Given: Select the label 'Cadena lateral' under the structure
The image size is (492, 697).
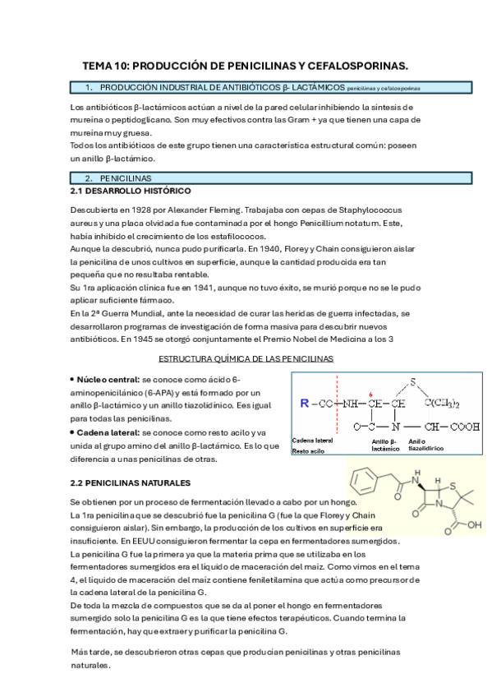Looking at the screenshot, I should [313, 441].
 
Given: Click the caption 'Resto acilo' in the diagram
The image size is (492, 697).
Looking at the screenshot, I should [309, 451].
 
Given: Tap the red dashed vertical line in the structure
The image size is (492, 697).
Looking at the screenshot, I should [337, 411].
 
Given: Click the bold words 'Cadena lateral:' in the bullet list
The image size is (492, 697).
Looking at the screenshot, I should [108, 432].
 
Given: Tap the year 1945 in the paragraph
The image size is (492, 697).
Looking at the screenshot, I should [145, 338].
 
